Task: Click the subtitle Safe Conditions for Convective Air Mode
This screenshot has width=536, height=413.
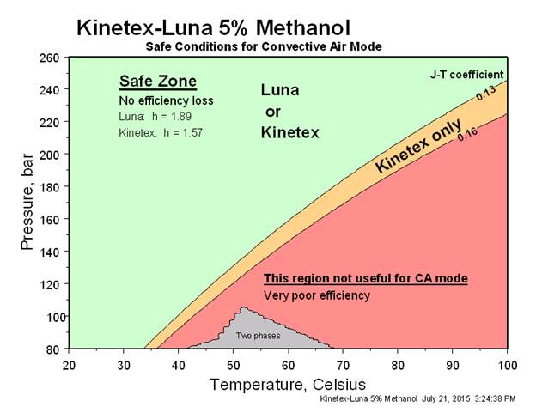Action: [x=263, y=46]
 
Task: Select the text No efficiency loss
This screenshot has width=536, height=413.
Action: [x=166, y=100]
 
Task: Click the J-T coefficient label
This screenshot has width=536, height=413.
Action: [x=466, y=75]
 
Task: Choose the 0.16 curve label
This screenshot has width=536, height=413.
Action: [x=467, y=133]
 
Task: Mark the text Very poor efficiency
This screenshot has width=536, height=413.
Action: [x=317, y=295]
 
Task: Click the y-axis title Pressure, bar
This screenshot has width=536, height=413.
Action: [x=27, y=203]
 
